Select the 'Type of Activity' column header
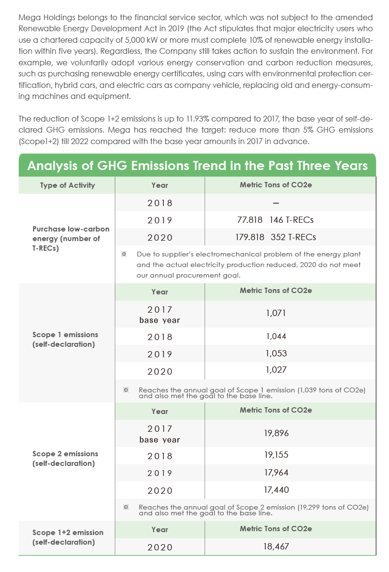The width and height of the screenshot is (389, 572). tap(68, 185)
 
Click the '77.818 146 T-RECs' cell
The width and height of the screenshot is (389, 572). tap(275, 219)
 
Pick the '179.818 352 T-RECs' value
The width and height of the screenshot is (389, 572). tap(276, 237)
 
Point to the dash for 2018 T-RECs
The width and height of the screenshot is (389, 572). tap(276, 203)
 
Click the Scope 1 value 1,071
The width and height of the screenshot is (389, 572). tap(276, 313)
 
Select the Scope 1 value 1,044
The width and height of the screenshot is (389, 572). tap(276, 336)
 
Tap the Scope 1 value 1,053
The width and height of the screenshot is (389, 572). tap(276, 353)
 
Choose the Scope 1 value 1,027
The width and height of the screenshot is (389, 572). tap(276, 370)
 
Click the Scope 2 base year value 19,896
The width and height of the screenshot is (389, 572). tap(276, 433)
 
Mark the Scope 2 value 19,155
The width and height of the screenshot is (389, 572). tap(276, 454)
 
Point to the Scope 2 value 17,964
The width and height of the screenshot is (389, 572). tap(276, 473)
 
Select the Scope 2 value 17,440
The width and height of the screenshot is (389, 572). tap(276, 489)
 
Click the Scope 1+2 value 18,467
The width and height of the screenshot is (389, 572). tap(276, 547)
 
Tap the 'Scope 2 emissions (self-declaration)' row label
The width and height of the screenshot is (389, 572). tap(65, 459)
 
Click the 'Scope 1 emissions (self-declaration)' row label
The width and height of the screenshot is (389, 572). tap(65, 339)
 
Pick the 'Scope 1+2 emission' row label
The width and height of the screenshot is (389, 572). tap(68, 533)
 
